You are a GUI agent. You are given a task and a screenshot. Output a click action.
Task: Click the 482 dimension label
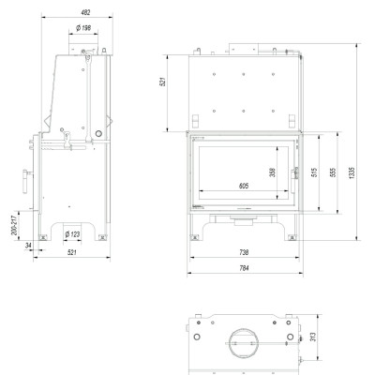coord(85,12)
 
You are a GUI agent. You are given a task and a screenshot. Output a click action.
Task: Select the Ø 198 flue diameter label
coord(83,28)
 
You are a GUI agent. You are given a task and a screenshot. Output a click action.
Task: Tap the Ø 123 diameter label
coord(72,234)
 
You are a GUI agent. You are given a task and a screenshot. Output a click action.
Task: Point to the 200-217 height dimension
coord(14,225)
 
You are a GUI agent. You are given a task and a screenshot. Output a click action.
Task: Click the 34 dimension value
coord(28,246)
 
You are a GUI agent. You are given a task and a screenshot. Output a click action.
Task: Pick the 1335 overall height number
coord(352,172)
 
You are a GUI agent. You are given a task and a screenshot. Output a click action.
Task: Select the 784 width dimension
coord(244,268)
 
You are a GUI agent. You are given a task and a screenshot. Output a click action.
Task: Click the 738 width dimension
coord(244,252)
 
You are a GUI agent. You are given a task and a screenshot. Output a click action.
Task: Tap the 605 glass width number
coord(244,186)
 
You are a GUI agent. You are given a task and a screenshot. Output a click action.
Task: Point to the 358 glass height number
coord(273,172)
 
